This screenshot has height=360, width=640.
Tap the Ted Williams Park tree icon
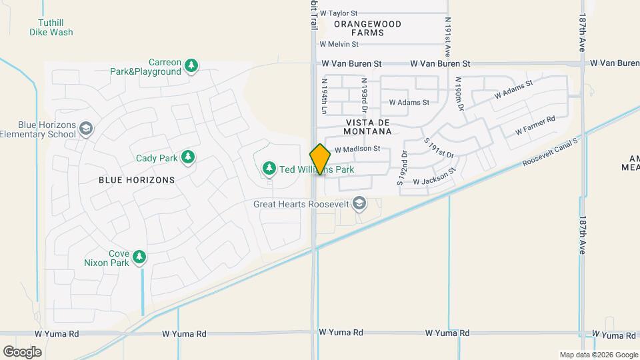pos(269,169)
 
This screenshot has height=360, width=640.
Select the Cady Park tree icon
pos(189,157)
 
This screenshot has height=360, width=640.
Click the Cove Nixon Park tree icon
pos(139,257)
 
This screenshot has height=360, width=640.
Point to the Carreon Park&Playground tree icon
pos(192,65)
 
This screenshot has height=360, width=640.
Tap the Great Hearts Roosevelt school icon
pos(359,203)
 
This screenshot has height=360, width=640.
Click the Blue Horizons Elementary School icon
pos(85,128)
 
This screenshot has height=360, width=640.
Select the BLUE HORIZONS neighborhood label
pos(137,180)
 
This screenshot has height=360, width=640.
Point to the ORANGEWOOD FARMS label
pos(367,28)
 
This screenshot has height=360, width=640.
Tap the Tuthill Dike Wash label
pos(51,27)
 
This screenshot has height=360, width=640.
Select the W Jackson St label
pos(434,177)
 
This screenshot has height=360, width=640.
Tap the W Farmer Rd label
pos(535,125)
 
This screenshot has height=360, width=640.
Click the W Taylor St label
pos(339,13)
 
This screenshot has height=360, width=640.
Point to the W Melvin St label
pos(339,44)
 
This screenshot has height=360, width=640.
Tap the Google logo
pos(22,352)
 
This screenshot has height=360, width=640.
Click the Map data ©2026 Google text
pos(598,355)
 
